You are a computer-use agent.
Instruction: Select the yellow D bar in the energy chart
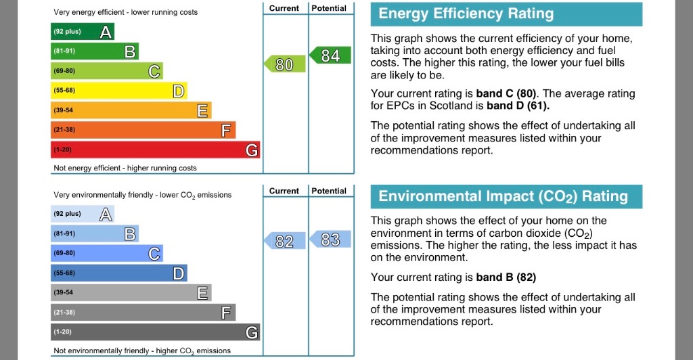click(118, 90)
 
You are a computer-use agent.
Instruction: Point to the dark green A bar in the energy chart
click(83, 31)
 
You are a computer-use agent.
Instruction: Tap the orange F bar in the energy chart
click(143, 130)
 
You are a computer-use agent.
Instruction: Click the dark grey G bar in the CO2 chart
click(155, 332)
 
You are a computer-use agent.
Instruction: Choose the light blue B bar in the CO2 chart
click(95, 233)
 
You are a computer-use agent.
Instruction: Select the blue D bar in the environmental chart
click(118, 273)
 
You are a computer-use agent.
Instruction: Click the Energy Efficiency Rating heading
click(466, 14)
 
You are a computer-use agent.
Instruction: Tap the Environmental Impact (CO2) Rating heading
click(503, 197)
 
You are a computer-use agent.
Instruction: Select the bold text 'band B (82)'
click(506, 277)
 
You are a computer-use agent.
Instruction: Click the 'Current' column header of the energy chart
click(284, 8)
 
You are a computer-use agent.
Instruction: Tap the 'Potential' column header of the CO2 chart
click(330, 191)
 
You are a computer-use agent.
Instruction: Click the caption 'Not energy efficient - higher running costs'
click(125, 168)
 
